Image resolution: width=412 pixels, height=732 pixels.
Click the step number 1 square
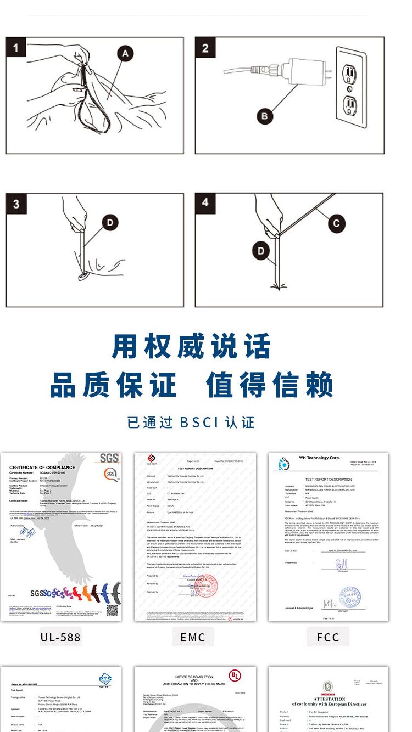click(15, 48)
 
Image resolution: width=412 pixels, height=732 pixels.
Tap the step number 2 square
click(205, 48)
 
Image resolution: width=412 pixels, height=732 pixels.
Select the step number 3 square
click(16, 204)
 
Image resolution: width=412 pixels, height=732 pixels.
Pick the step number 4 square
click(205, 202)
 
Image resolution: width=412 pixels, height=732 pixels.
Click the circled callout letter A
click(125, 53)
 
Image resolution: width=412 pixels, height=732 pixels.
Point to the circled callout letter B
click(265, 116)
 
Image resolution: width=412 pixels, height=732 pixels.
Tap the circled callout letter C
click(336, 223)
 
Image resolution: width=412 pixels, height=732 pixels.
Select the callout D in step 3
click(110, 222)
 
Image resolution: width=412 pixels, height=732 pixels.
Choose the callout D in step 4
click(261, 251)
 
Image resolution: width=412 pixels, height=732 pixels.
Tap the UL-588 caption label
click(60, 637)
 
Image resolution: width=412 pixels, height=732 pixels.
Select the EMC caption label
click(193, 637)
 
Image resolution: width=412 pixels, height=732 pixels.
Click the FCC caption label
click(328, 637)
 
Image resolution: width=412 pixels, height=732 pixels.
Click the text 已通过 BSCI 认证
click(191, 423)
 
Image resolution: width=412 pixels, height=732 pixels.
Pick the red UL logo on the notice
click(235, 675)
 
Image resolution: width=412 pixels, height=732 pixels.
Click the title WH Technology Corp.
click(320, 457)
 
